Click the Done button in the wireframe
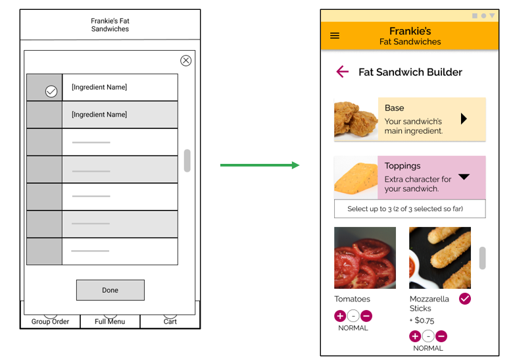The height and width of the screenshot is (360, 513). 110,290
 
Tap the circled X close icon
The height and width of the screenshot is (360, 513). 185,61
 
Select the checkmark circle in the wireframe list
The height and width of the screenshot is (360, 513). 51,91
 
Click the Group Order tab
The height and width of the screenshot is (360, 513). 50,321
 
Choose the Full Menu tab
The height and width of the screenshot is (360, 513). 110,321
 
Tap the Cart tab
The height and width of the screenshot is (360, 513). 170,321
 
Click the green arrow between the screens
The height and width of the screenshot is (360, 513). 259,165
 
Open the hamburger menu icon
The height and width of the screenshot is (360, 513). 335,36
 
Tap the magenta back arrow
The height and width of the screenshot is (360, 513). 342,72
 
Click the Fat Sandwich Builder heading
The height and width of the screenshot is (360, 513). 410,72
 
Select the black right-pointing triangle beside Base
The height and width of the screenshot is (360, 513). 464,119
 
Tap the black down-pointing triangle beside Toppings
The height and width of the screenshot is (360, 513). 464,176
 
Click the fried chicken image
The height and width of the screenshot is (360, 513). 356,119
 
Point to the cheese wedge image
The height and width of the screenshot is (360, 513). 356,178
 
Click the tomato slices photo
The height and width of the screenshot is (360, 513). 365,257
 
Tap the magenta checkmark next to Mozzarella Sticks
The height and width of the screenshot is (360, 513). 465,299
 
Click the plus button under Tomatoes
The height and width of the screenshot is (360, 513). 340,316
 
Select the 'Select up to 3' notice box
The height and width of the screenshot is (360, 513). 410,209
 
